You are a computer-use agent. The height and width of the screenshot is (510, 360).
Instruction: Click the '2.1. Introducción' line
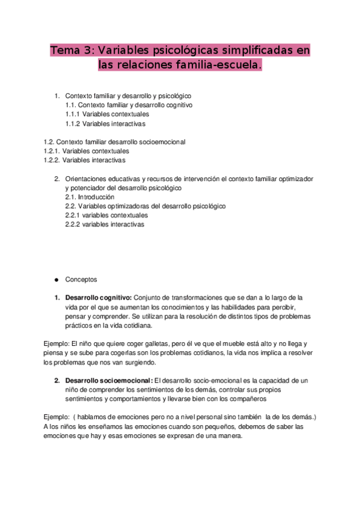(90, 197)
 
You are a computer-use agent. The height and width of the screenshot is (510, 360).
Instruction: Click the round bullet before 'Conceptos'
(56, 280)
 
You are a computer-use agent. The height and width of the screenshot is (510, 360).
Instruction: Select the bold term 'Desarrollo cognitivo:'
(99, 298)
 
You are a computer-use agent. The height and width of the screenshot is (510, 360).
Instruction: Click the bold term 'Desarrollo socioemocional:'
(109, 381)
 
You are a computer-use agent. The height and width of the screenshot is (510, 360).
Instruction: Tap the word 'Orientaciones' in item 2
(85, 179)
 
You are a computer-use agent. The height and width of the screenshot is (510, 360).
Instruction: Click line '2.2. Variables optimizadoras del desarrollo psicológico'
(145, 206)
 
